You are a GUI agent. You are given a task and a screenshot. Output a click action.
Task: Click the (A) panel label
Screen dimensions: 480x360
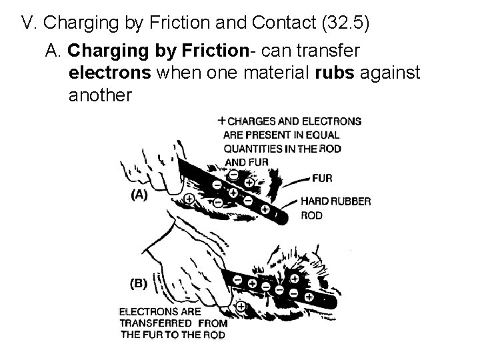139,195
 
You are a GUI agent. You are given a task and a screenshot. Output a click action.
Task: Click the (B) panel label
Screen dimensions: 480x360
139,284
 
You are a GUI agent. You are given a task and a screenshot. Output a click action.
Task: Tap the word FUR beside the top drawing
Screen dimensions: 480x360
321,178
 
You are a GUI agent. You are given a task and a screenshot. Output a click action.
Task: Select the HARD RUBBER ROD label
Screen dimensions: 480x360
335,208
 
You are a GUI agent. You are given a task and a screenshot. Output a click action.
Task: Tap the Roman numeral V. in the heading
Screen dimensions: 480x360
29,23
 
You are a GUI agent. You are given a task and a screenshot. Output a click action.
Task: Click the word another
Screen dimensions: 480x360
101,95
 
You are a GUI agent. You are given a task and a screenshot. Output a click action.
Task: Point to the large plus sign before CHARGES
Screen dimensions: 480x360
221,121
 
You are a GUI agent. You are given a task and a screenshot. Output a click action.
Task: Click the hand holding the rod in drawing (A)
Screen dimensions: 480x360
150,170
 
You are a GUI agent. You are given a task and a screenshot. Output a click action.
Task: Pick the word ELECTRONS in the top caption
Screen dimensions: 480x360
331,122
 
